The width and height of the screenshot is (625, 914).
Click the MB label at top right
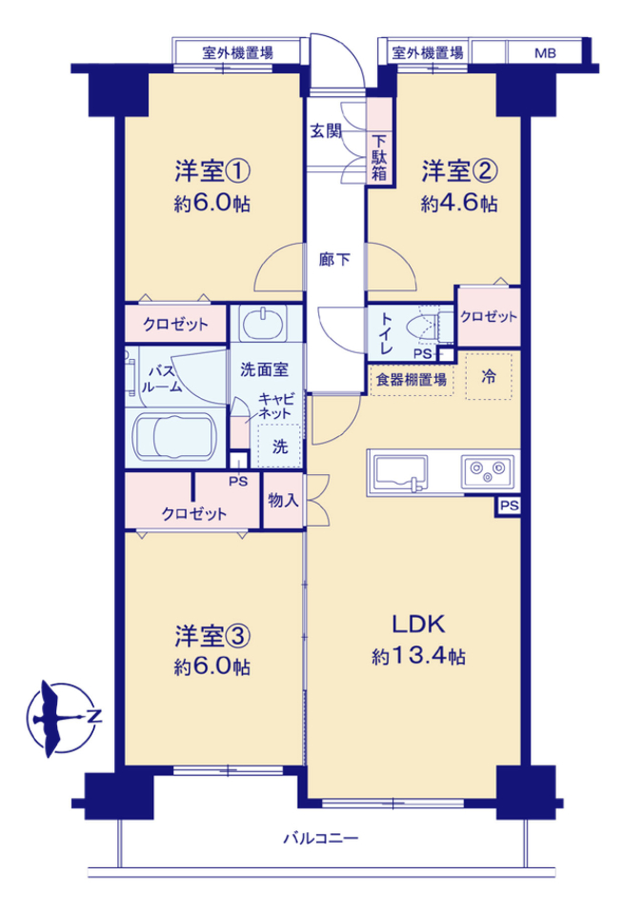point(545,53)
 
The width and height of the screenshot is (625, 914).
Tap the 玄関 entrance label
point(325,131)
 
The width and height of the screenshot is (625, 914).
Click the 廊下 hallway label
point(334,259)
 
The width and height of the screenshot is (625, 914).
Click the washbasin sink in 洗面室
point(263,323)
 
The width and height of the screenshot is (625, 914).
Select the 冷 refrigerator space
point(489,377)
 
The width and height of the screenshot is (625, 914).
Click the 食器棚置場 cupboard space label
point(412,380)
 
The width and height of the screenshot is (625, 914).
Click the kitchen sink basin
point(400,473)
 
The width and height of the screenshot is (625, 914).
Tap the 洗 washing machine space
point(280,446)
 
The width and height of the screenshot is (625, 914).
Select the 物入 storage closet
point(284,500)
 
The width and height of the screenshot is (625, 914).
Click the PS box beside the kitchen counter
point(508,506)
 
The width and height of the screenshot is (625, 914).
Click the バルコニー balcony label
point(320,839)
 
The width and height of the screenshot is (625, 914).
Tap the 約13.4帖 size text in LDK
point(418,657)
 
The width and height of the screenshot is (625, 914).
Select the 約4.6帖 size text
point(459,204)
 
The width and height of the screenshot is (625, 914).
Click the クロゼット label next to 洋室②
point(489,316)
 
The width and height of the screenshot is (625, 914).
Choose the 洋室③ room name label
point(212,636)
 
